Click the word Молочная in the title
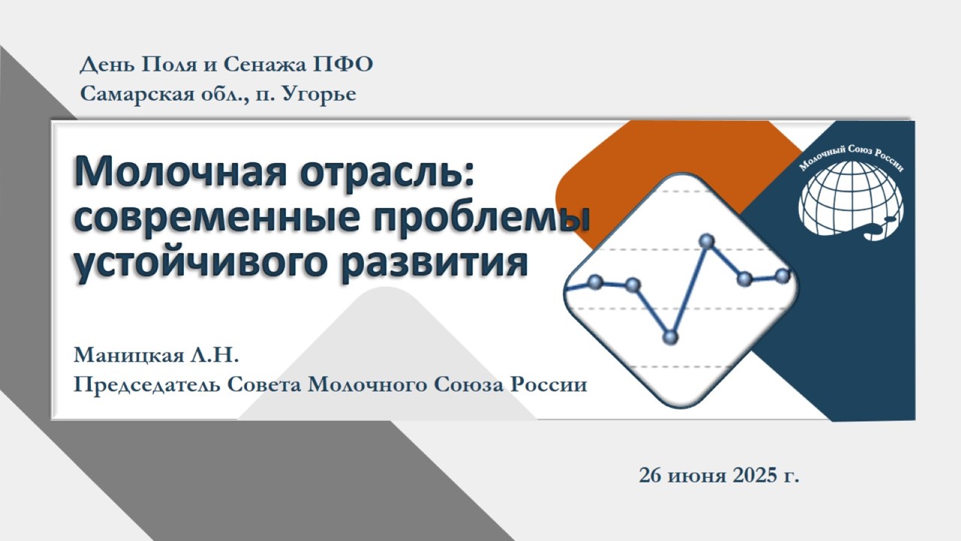click(180, 173)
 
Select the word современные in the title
click(216, 218)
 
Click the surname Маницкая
click(128, 355)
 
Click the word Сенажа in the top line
click(265, 65)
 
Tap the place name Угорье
click(318, 95)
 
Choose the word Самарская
click(137, 94)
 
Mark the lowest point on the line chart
click(670, 337)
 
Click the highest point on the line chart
click(706, 241)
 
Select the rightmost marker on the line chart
click(783, 275)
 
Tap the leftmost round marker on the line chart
click(595, 282)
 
